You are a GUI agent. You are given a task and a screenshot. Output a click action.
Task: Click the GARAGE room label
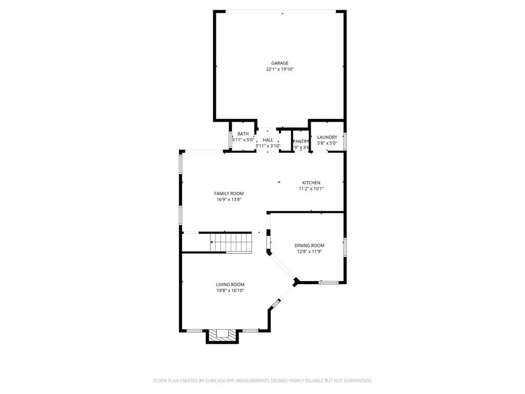click(279, 63)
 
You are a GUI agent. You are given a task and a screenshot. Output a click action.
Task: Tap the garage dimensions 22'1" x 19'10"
click(279, 69)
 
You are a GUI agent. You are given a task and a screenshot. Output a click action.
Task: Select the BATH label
click(243, 134)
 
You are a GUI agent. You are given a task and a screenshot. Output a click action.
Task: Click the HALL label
click(268, 140)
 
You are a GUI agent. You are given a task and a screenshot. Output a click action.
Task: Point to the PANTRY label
click(300, 142)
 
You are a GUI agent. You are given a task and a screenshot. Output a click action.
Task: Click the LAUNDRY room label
click(327, 137)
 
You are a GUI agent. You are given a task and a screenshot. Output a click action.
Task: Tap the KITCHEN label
click(311, 183)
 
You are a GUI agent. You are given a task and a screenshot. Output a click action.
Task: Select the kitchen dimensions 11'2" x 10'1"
click(311, 189)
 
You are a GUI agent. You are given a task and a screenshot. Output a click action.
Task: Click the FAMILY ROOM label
click(229, 193)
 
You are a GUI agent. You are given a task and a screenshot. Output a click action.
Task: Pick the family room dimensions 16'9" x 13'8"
click(229, 200)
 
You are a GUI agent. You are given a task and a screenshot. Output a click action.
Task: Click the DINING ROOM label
click(309, 245)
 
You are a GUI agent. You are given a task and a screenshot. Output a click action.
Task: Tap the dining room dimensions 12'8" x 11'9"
click(309, 251)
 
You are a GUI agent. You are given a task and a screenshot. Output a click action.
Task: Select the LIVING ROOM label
click(230, 284)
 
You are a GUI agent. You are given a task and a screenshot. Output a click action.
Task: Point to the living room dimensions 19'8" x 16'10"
click(230, 290)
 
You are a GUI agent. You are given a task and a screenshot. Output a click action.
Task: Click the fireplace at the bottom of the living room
click(223, 334)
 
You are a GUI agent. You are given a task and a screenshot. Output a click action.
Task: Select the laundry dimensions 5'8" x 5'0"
click(327, 143)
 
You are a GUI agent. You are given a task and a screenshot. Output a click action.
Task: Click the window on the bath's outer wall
click(230, 140)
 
